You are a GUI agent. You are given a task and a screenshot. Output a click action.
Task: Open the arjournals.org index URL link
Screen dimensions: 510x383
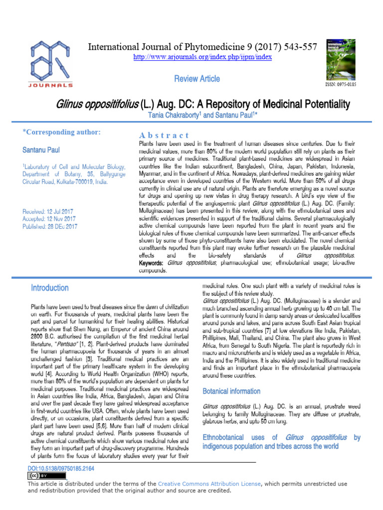[x=202, y=57]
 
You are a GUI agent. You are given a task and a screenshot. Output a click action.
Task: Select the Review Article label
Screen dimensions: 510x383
[x=196, y=79]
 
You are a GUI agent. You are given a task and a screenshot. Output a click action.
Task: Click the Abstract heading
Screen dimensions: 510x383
[x=164, y=135]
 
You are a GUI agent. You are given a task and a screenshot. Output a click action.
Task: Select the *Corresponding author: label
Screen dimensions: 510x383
[x=62, y=132]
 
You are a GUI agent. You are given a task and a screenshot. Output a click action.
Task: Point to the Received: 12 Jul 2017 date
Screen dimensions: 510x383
[x=48, y=212]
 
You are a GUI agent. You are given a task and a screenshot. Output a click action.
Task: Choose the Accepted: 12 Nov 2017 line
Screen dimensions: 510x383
[x=49, y=219]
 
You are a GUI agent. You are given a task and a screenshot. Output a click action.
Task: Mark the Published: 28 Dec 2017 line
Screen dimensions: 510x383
[x=50, y=226]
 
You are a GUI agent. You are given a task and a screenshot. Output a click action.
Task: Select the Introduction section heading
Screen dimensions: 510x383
[x=49, y=288]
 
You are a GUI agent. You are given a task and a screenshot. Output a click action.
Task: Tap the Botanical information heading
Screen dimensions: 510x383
[x=231, y=391]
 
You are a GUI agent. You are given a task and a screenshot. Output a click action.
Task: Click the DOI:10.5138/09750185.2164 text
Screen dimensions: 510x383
[x=61, y=469]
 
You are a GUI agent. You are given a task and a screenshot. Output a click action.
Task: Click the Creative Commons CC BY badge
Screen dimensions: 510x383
[x=46, y=476]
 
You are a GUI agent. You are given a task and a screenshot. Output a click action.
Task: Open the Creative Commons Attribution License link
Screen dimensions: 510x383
[x=209, y=483]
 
